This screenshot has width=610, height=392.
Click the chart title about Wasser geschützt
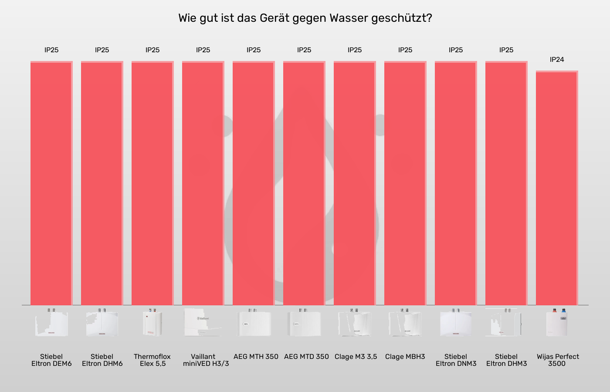click(305, 18)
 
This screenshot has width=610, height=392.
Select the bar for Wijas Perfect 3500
click(557, 188)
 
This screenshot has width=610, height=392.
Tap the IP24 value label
click(557, 60)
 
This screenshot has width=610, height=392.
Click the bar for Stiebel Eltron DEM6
click(51, 183)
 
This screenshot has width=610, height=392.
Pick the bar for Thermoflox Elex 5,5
click(152, 183)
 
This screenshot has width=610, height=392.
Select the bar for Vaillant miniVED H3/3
click(203, 183)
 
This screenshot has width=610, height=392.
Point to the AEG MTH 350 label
click(256, 357)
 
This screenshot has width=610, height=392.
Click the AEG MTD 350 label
click(306, 357)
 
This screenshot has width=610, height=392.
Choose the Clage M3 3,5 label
click(356, 357)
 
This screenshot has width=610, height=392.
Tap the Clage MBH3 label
click(405, 357)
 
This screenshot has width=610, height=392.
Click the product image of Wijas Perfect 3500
click(557, 323)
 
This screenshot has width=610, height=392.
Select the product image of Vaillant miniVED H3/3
click(203, 323)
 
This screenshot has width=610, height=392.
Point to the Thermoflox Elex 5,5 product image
click(152, 323)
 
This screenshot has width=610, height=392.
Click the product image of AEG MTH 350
click(254, 323)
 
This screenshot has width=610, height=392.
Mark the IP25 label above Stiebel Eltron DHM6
click(102, 50)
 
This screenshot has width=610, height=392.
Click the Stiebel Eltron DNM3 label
click(456, 360)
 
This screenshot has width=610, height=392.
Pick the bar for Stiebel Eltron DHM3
click(506, 183)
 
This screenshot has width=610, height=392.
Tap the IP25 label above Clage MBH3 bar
click(405, 50)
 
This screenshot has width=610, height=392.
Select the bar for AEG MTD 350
click(304, 183)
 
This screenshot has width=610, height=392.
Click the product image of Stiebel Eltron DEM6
click(51, 323)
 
